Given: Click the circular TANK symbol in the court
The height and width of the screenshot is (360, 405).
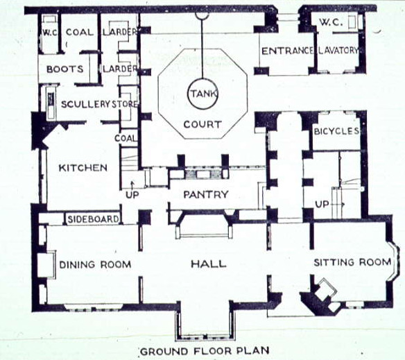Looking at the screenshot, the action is click(188, 94).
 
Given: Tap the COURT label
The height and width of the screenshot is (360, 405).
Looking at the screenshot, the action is click(203, 125).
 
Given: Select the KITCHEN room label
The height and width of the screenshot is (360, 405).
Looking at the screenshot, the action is click(83, 168).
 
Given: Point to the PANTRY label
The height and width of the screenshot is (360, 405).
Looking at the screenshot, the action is click(206, 194).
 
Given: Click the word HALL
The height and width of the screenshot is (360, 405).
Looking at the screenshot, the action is click(209, 264).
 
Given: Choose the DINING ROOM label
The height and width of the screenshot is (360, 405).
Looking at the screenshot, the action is click(95, 265).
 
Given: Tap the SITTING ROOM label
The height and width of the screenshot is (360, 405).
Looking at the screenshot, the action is click(352, 262).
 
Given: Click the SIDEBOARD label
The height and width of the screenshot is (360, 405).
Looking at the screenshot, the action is click(93, 219).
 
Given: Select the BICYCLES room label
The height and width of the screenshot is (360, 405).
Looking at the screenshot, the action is click(336, 131).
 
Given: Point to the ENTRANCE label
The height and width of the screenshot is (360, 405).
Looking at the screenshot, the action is click(288, 51).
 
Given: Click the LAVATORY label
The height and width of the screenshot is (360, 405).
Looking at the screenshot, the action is click(338, 51).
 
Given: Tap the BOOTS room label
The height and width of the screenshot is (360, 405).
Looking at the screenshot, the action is click(65, 69).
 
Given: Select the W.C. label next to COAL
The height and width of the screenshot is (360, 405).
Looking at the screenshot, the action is click(50, 33).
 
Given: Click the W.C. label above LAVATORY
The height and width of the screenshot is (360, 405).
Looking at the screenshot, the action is click(331, 22).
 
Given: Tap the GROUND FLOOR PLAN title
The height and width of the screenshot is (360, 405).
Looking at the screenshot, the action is click(205, 351).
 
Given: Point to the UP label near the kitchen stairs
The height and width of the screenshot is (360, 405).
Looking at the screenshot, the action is click(132, 195).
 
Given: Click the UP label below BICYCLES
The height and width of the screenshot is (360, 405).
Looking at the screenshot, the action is click(322, 205).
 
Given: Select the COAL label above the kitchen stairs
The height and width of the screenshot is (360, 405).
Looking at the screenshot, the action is click(126, 138).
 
